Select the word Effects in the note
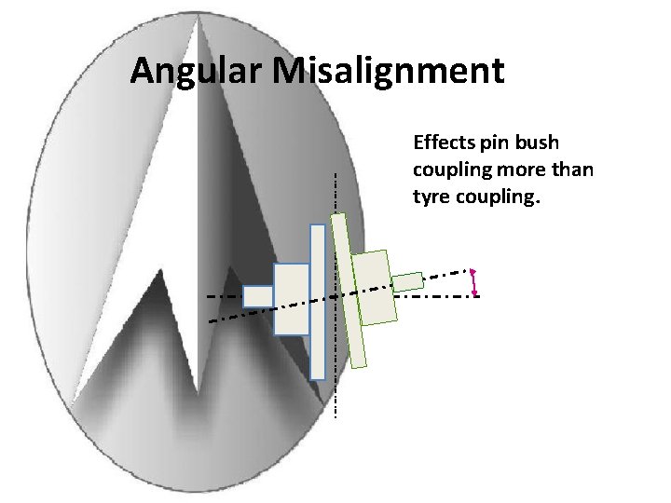445,143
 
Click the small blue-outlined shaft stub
257,296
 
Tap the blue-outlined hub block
291,298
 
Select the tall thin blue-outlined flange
318,301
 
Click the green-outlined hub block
377,287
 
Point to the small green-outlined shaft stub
406,281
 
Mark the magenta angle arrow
474,281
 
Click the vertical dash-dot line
335,391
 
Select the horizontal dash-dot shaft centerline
438,295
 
